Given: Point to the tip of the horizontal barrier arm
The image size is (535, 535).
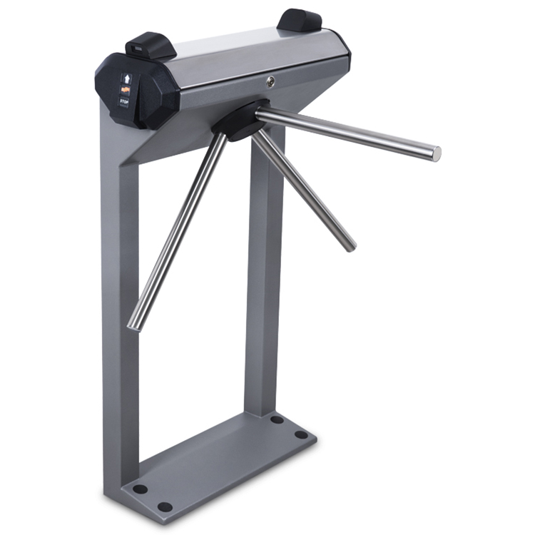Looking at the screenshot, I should click(435, 152).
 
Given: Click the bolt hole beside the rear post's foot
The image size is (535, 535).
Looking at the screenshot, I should click(276, 419).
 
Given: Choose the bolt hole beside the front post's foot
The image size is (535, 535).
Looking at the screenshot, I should click(140, 489).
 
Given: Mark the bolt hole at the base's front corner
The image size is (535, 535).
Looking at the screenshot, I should click(165, 507).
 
